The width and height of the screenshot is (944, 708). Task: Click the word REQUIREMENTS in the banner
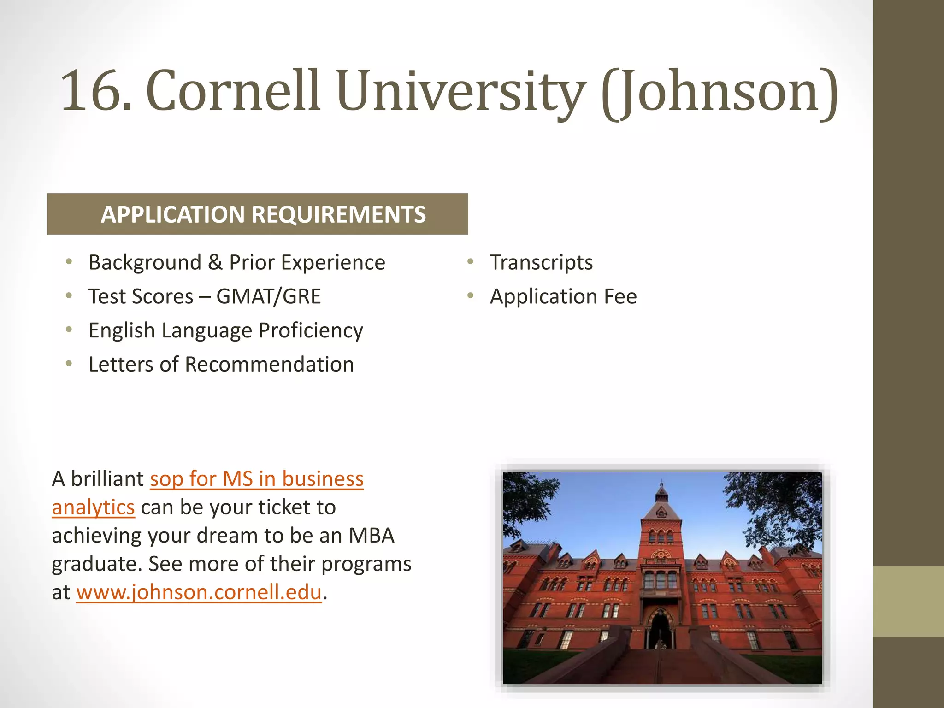click(339, 214)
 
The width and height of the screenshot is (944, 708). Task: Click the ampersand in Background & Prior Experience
click(215, 263)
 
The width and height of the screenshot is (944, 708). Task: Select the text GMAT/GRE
click(268, 296)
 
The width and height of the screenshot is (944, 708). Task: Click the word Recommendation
click(269, 365)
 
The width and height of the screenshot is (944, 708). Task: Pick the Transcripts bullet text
click(541, 263)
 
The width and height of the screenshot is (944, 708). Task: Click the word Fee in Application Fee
click(620, 296)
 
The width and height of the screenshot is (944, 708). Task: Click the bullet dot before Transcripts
click(470, 262)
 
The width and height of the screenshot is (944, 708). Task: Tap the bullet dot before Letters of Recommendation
click(69, 364)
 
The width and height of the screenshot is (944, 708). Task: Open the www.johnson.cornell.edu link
click(199, 592)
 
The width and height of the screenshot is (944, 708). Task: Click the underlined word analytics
click(93, 507)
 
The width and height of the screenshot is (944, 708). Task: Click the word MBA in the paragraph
click(371, 536)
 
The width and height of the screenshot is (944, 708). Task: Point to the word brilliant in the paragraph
click(107, 479)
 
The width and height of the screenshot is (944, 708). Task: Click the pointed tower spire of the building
click(662, 491)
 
